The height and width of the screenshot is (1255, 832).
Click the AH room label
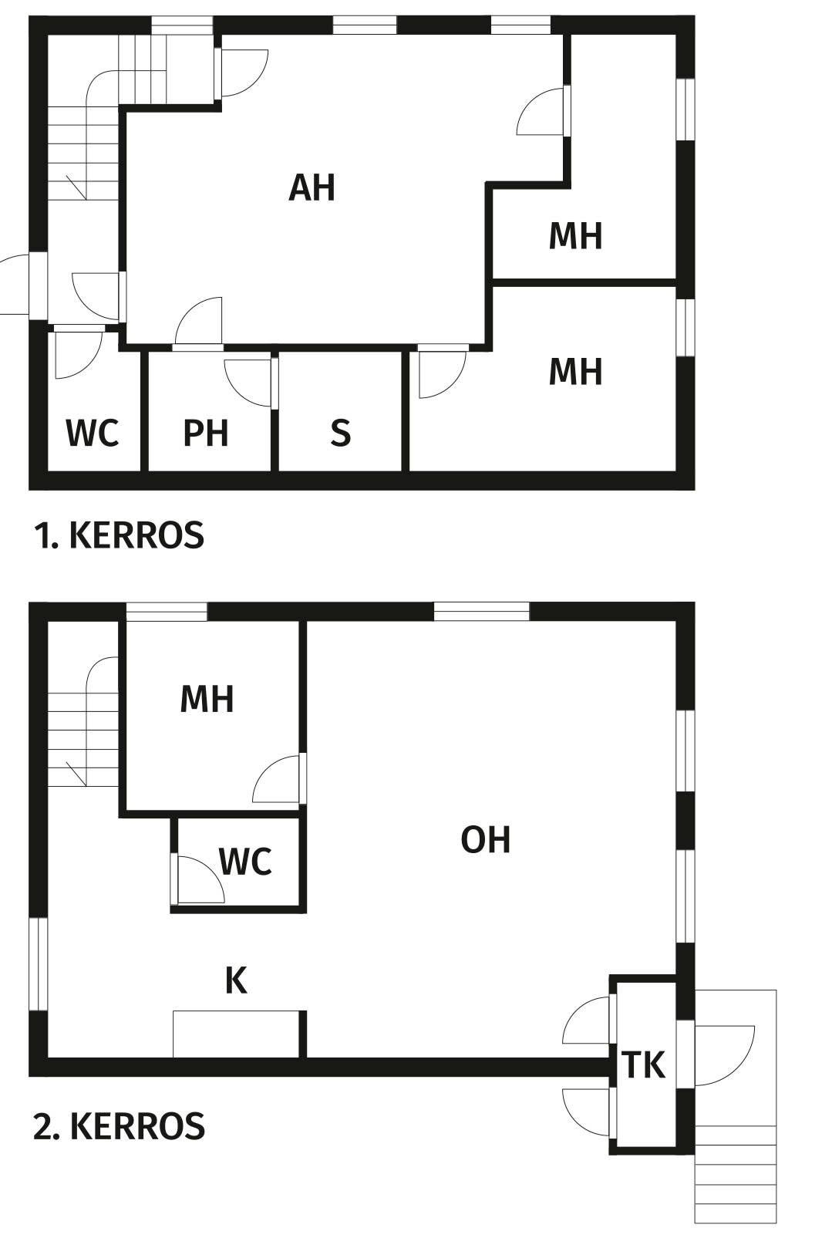[312, 187]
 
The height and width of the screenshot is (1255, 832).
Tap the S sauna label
[340, 433]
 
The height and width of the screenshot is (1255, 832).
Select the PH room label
[206, 433]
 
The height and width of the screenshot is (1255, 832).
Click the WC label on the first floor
[93, 433]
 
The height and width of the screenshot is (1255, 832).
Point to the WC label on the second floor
[245, 861]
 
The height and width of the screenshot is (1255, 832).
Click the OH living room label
[486, 840]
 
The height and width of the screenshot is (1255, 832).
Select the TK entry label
[644, 1064]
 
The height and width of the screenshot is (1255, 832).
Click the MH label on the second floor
[207, 699]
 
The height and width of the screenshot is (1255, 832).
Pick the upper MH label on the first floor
[575, 235]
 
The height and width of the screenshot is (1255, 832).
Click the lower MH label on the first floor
[575, 372]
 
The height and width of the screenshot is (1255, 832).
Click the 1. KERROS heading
[119, 535]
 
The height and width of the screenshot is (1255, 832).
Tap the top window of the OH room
[481, 611]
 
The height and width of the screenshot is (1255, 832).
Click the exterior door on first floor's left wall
[22, 284]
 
